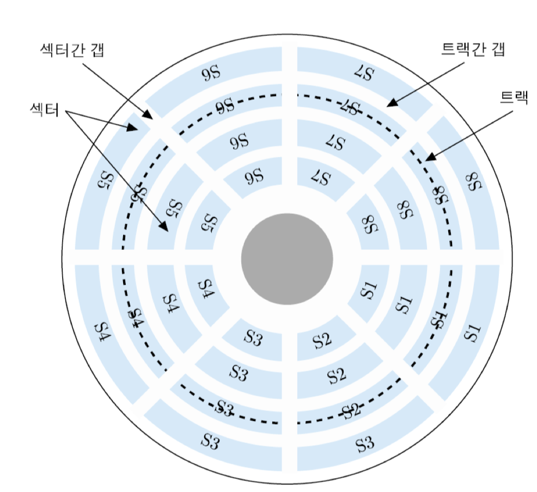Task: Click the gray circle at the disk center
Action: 287,259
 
